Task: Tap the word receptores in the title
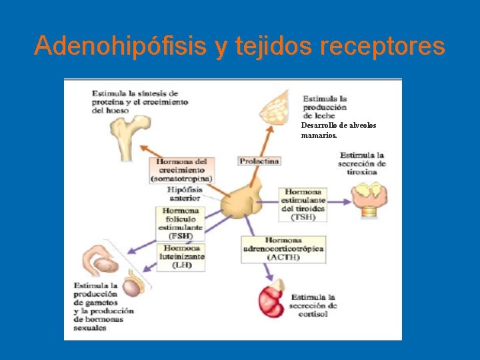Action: click(382, 46)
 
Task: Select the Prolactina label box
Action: click(259, 161)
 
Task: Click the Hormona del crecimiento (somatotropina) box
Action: click(181, 170)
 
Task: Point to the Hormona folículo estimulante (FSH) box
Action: click(181, 223)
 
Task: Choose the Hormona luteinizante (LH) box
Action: click(181, 256)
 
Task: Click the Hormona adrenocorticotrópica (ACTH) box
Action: click(283, 249)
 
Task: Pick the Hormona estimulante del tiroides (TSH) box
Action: click(303, 204)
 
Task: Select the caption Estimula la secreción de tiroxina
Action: click(362, 163)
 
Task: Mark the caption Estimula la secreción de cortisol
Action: click(313, 305)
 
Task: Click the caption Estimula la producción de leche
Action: click(325, 107)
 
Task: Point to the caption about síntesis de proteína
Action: click(139, 101)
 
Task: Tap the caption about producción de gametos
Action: click(103, 307)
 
